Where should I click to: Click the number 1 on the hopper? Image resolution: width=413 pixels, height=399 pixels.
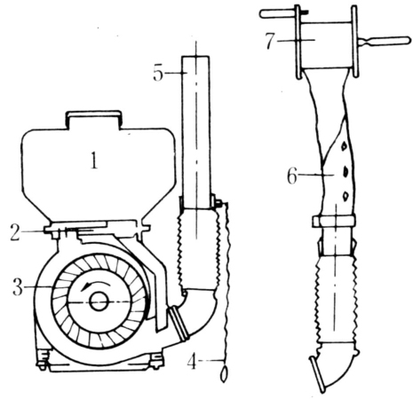[x=94, y=160]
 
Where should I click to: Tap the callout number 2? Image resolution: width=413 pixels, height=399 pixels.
[x=15, y=232]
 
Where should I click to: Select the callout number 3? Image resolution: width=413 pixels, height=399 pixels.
[x=18, y=287]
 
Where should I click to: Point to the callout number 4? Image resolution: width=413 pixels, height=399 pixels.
[x=192, y=362]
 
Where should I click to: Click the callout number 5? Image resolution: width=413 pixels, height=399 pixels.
[x=158, y=73]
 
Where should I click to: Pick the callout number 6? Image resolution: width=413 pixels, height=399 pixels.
[x=292, y=176]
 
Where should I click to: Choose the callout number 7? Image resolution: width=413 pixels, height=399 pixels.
[x=270, y=41]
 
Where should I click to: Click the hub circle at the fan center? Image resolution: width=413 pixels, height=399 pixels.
[x=99, y=301]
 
